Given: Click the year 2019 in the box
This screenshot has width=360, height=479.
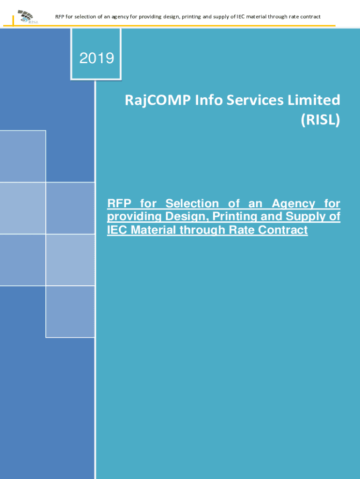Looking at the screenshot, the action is [x=97, y=58].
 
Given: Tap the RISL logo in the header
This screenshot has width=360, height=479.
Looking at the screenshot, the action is [x=27, y=17].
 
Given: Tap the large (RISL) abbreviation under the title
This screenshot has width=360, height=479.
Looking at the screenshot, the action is [x=320, y=119].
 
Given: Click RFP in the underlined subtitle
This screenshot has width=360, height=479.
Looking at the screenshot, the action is [x=119, y=203].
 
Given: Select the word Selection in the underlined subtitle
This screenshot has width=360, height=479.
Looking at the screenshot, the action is [x=192, y=203].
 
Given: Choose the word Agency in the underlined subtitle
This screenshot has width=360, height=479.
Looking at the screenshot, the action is [x=294, y=204].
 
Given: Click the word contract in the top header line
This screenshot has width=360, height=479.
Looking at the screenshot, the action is [x=311, y=17].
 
